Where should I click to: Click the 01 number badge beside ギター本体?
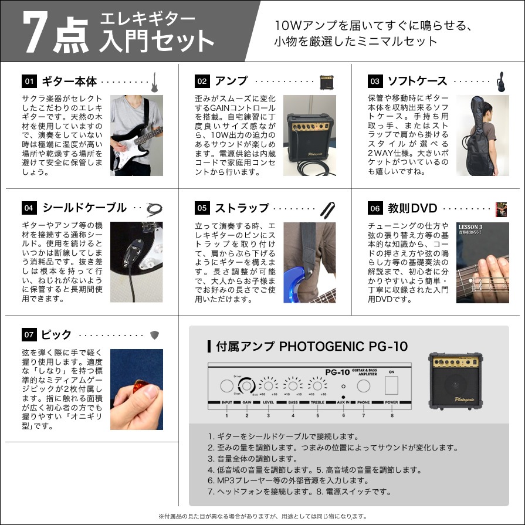click(x=29, y=82)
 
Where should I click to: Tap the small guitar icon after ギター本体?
click(x=155, y=82)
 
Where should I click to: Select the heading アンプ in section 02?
click(x=231, y=82)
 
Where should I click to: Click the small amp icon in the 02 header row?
click(x=326, y=82)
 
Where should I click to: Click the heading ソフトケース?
click(x=418, y=82)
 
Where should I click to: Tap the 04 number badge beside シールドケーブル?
click(x=29, y=208)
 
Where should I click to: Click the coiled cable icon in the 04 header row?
click(x=154, y=208)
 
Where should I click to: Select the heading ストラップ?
click(x=241, y=208)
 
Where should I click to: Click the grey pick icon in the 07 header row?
click(x=154, y=335)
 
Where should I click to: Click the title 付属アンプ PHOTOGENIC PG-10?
click(x=307, y=346)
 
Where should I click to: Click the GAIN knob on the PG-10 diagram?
click(x=247, y=385)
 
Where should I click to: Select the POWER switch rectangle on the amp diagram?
click(x=391, y=385)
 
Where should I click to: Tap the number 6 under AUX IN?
click(x=344, y=415)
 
